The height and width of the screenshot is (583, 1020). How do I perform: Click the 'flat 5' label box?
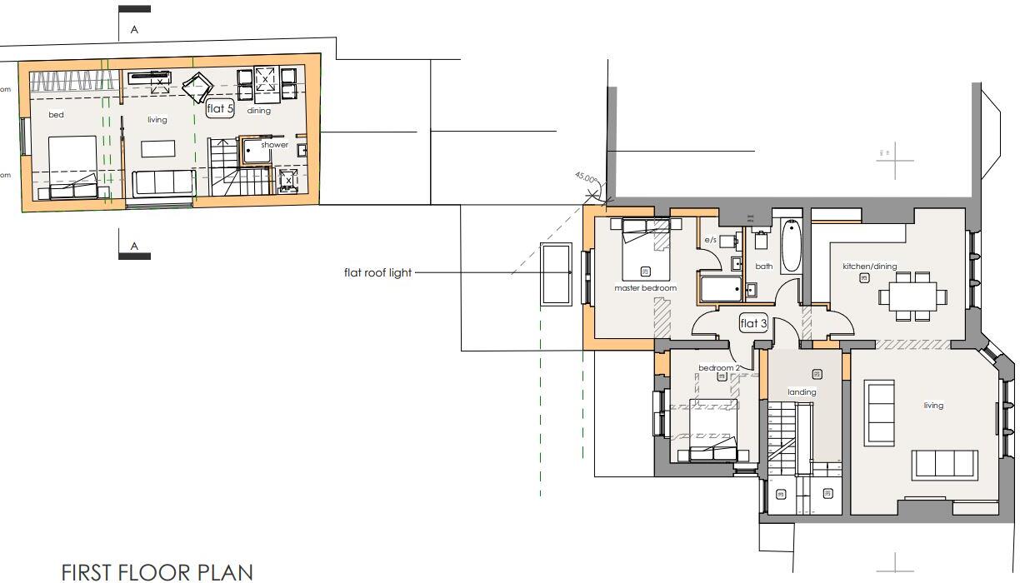221,108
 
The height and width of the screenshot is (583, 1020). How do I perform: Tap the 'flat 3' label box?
753,323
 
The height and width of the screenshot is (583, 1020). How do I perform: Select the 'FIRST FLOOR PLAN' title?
157,572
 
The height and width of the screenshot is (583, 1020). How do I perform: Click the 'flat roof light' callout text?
377,272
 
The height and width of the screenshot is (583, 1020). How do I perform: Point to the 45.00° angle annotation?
586,178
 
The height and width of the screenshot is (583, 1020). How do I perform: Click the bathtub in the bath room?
790,245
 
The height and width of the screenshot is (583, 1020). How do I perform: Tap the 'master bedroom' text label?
645,288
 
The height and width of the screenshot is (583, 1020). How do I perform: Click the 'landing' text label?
802,392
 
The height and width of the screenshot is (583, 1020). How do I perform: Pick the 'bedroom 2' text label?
718,368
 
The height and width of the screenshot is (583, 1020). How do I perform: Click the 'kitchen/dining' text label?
869,267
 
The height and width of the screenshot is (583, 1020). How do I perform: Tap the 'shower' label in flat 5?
274,145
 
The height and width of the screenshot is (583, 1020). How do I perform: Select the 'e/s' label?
711,240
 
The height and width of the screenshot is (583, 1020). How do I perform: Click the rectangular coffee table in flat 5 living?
157,149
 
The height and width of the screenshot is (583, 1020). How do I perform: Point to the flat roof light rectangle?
556,274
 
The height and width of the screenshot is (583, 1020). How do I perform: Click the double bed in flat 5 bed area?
72,167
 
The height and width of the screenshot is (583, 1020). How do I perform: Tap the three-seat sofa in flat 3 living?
944,464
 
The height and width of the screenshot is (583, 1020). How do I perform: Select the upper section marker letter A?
133,30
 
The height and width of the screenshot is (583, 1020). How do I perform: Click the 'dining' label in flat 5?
258,111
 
